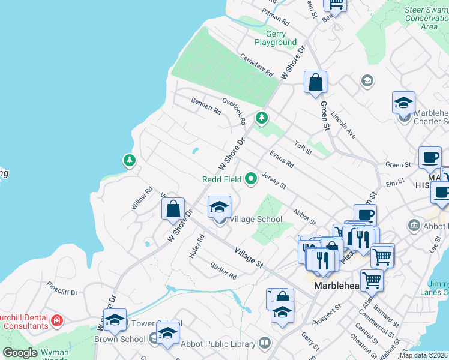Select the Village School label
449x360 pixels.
(x=256, y=219)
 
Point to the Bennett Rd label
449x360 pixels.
(x=206, y=105)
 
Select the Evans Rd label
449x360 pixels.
(x=281, y=159)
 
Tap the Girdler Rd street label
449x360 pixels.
(x=223, y=271)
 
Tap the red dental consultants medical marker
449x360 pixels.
(x=56, y=321)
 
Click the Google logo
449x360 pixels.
(x=20, y=353)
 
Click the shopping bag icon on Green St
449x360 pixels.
(x=315, y=83)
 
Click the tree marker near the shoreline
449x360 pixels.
(x=129, y=160)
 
